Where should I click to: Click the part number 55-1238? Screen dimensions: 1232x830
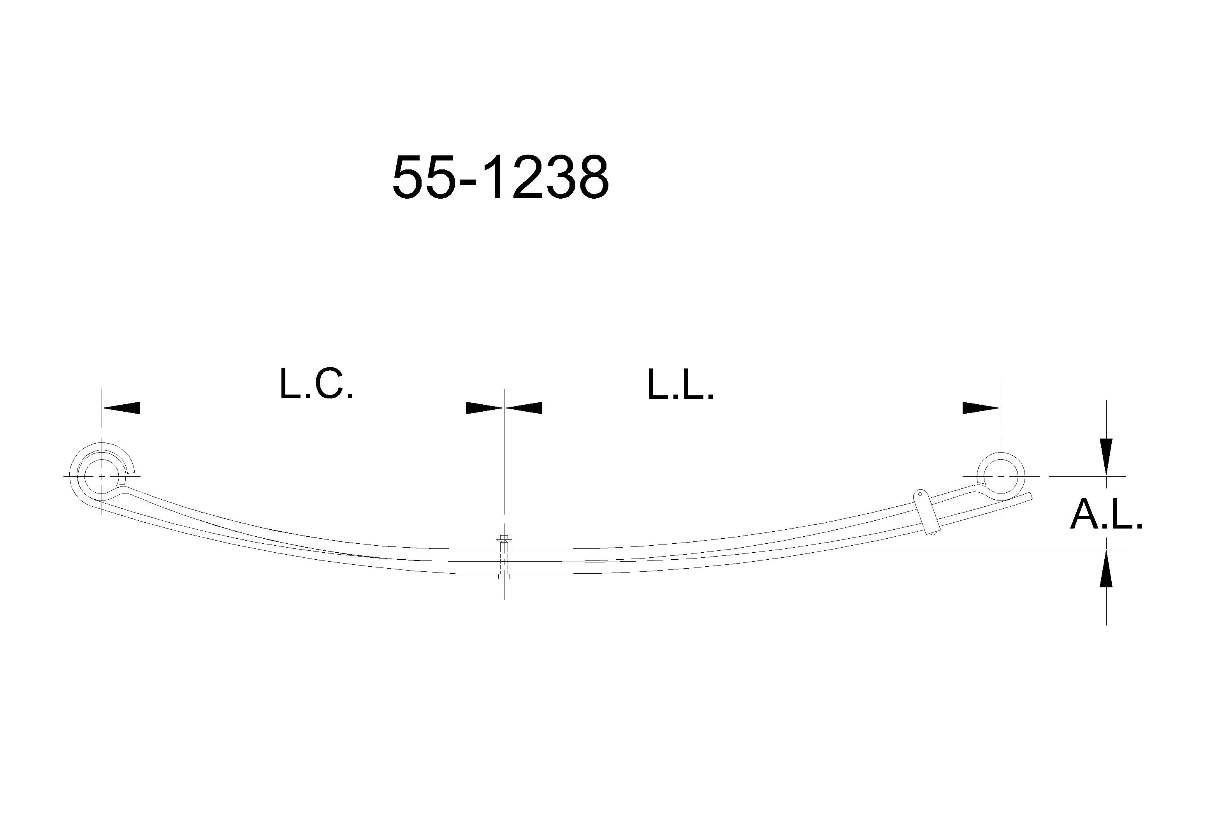pyautogui.click(x=501, y=177)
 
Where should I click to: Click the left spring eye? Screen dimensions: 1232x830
pyautogui.click(x=77, y=476)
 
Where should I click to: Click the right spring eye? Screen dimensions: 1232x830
pyautogui.click(x=1024, y=476)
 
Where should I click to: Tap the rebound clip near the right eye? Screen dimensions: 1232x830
pyautogui.click(x=927, y=512)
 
